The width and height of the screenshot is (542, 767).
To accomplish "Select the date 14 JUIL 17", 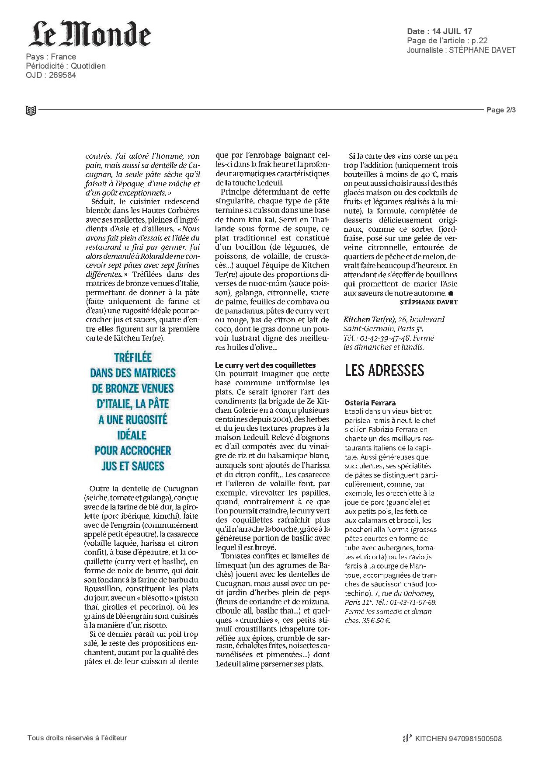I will [452, 31].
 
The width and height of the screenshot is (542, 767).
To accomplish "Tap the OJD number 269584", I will [63, 75].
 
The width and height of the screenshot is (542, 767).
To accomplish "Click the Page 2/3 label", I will [501, 110].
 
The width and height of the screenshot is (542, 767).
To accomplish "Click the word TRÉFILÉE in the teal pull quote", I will [133, 358].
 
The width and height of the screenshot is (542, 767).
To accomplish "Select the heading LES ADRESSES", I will [385, 371].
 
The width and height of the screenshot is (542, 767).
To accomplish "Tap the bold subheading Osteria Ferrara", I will [370, 403].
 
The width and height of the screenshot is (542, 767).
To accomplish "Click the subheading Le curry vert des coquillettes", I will [265, 365].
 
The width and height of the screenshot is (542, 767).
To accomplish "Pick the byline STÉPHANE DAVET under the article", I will [428, 302].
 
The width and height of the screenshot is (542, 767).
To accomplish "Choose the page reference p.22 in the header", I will [479, 41].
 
